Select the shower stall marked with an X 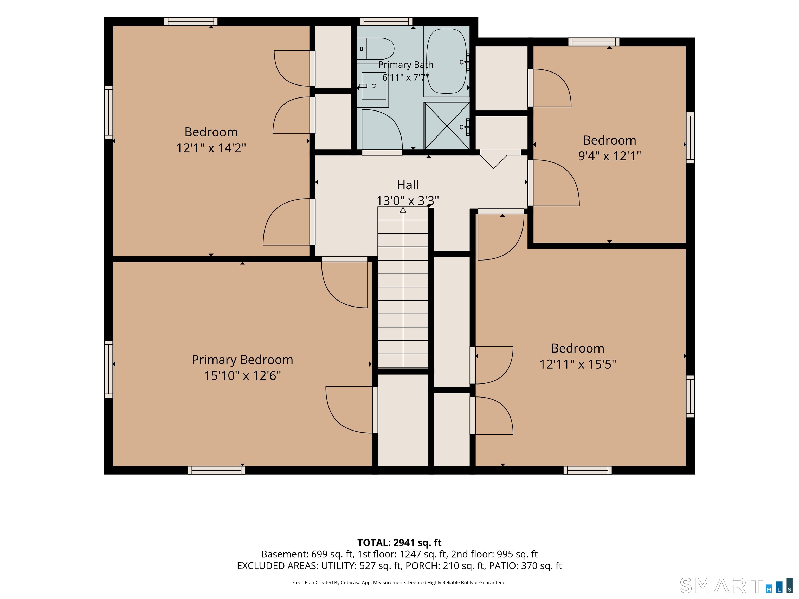click(447, 126)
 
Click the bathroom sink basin click(374, 86)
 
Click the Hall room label click(408, 185)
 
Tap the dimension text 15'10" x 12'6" click(242, 375)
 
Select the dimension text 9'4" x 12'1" click(609, 156)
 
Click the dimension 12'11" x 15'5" click(578, 364)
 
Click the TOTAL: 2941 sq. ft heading click(399, 543)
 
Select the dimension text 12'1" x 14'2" click(211, 148)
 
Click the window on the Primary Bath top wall click(386, 21)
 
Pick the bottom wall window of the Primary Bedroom click(216, 470)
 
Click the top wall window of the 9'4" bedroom click(594, 42)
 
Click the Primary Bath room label click(406, 65)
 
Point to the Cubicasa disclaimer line click(399, 582)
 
